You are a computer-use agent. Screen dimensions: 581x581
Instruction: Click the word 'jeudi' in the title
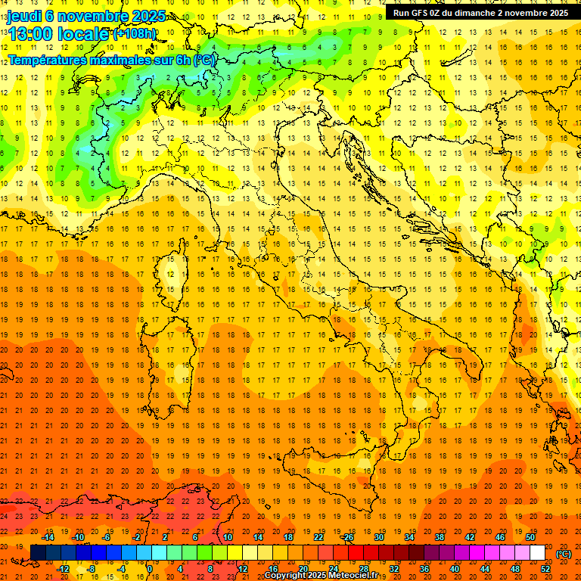tap(24, 16)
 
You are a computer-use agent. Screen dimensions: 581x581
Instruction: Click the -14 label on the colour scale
tap(48, 537)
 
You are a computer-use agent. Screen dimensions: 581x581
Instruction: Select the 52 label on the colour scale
tap(545, 568)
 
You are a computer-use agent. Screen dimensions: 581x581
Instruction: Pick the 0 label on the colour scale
tap(150, 568)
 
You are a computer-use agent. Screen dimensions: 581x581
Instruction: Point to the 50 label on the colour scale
tap(530, 537)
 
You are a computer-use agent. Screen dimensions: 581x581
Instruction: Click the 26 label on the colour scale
tap(348, 537)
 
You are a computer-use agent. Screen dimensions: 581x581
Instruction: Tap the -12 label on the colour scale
tap(64, 568)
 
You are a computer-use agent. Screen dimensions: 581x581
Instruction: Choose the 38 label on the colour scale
tap(439, 537)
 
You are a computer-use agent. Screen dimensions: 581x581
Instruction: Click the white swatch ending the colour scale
tap(538, 552)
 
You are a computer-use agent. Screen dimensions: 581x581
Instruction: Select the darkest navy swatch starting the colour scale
tap(39, 552)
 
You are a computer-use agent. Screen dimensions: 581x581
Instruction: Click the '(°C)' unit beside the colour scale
tap(564, 554)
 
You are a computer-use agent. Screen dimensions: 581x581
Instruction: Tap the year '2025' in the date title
tap(148, 16)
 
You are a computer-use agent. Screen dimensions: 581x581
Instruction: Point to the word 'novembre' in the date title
tap(93, 16)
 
